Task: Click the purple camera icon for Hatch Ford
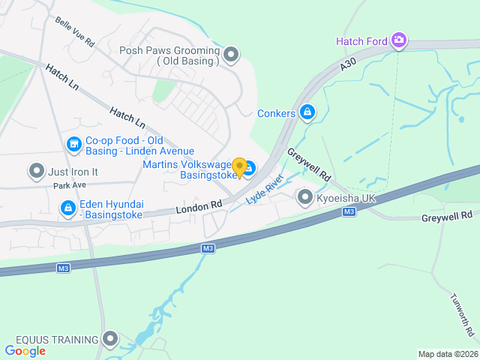(400, 40)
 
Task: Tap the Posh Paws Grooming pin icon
(231, 54)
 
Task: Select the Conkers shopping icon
(307, 112)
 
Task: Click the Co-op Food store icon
(73, 143)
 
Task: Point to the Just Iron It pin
(36, 171)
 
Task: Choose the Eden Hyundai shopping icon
(67, 206)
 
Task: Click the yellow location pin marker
(239, 167)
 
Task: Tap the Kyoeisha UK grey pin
(304, 197)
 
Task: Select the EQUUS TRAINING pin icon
(111, 340)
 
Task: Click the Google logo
(25, 350)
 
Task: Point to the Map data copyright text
(447, 354)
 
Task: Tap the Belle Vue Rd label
(74, 32)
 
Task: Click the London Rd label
(200, 204)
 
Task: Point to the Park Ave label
(70, 184)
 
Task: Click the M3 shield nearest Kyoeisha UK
(349, 212)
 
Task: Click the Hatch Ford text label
(361, 41)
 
